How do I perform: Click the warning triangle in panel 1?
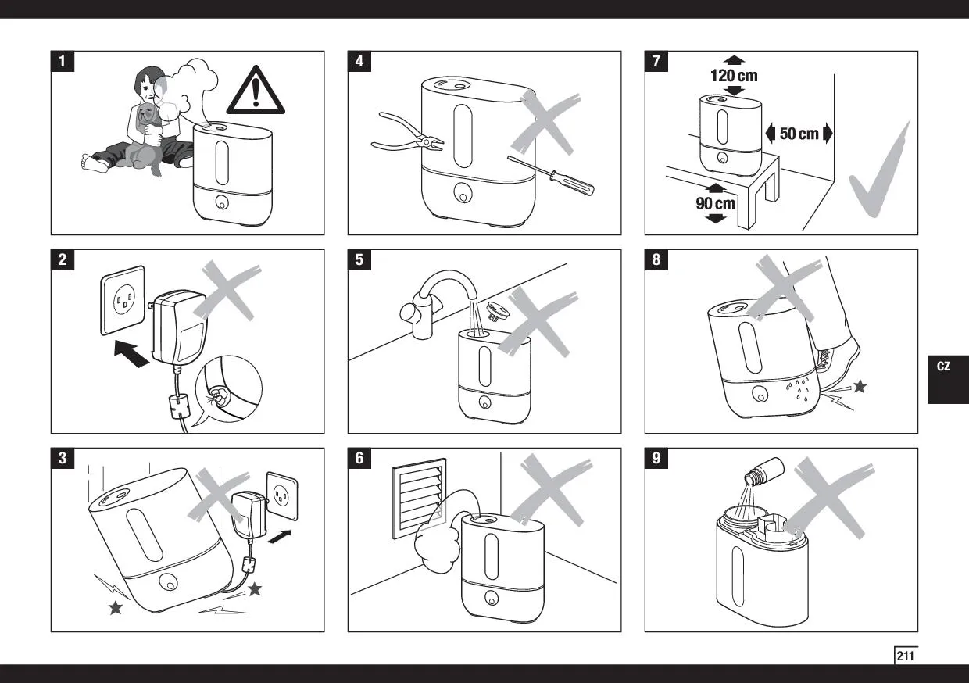256,91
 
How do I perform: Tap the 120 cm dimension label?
733,76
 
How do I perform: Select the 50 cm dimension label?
799,134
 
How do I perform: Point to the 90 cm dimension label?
716,203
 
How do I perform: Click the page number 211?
905,656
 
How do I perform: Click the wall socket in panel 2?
123,300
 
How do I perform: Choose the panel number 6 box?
359,458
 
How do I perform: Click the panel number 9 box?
656,458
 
